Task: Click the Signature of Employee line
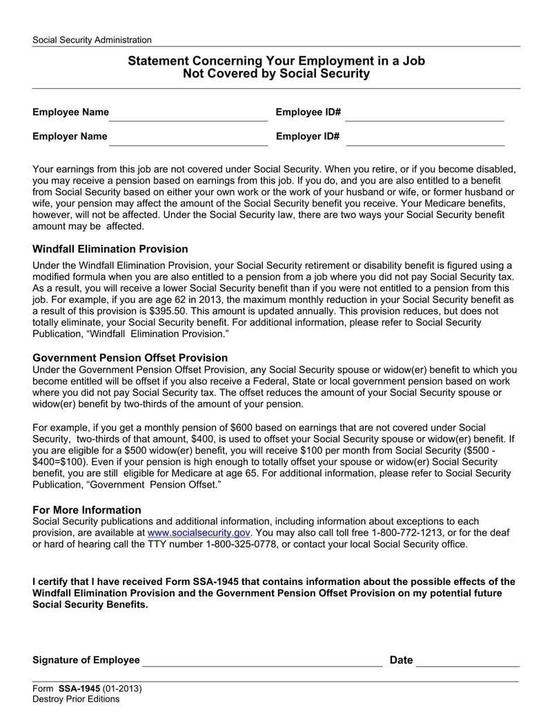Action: pos(262,661)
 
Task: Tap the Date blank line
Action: pos(468,661)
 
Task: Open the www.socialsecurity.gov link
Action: pos(199,533)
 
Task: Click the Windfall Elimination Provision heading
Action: pos(110,249)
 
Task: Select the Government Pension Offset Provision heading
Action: pos(130,357)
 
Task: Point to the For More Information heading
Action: pos(87,510)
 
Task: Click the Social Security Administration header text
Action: pos(92,40)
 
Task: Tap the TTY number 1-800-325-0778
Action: pos(243,544)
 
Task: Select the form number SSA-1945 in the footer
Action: pos(80,688)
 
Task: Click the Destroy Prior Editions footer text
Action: pos(76,699)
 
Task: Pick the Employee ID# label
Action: pos(308,112)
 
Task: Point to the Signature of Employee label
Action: pos(86,660)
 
